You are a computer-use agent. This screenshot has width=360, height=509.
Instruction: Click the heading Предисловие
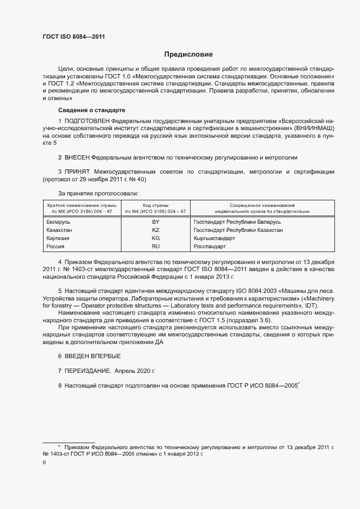tap(188, 54)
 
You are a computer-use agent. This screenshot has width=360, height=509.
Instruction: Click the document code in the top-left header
tap(74, 37)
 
